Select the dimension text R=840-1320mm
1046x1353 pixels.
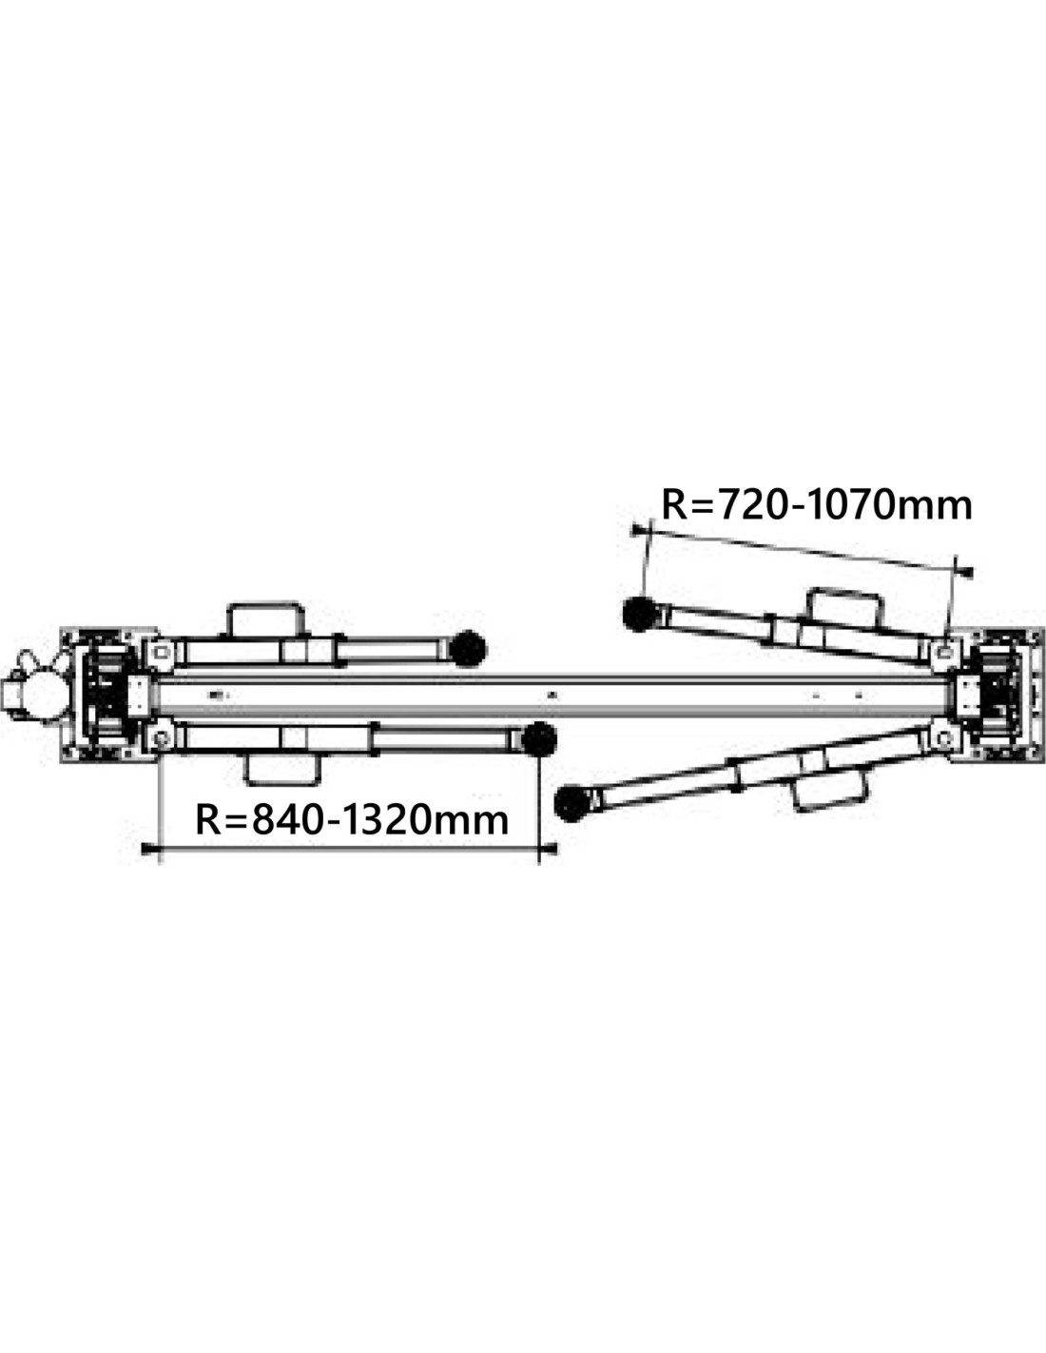[352, 820]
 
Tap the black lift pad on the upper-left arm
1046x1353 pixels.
[467, 648]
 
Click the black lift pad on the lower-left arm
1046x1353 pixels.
[538, 739]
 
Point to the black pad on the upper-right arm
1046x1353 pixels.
[641, 614]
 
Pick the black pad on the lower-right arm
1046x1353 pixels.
[572, 803]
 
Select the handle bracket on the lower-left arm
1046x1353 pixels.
[281, 770]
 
